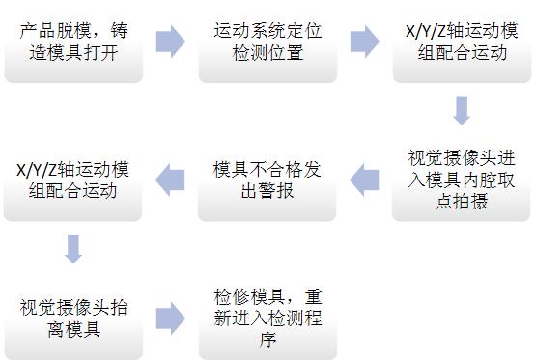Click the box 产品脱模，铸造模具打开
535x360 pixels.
click(x=73, y=42)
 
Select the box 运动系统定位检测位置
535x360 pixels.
click(x=267, y=42)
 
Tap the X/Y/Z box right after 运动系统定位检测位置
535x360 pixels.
click(x=462, y=42)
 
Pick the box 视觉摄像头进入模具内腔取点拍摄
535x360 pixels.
click(x=462, y=178)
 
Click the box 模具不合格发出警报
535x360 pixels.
click(x=267, y=180)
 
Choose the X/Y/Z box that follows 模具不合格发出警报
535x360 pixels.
click(x=73, y=180)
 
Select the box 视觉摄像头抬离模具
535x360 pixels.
click(x=73, y=319)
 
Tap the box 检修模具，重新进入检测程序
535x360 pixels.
click(x=267, y=319)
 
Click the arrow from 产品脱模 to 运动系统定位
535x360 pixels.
click(x=170, y=42)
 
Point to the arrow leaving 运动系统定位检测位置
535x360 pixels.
click(x=364, y=42)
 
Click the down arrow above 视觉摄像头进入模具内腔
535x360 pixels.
click(x=462, y=110)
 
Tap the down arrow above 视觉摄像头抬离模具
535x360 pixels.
click(x=73, y=248)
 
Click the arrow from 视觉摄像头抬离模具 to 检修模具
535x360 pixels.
click(x=170, y=318)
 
